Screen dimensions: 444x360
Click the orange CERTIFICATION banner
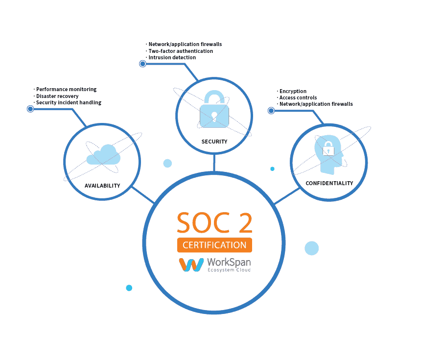[214, 245]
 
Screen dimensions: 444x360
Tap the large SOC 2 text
[214, 223]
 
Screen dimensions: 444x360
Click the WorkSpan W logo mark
[191, 265]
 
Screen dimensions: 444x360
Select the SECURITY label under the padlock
[214, 142]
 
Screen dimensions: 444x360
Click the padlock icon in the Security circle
[214, 110]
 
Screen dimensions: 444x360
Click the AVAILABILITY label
[102, 186]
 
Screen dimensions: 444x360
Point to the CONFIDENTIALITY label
[329, 183]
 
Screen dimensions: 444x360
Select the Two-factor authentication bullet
[181, 51]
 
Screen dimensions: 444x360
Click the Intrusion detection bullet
[172, 57]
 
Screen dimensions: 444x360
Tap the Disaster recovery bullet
[57, 96]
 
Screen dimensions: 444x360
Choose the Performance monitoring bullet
[66, 90]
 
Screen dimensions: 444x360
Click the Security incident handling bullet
[69, 102]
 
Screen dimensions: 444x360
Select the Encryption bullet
[293, 91]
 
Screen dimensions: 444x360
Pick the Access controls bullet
[298, 97]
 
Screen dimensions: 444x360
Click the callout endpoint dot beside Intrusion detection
[142, 64]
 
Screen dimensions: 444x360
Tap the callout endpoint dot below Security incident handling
[30, 109]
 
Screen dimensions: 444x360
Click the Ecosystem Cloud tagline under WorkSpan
[229, 270]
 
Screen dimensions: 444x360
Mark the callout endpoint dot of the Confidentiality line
[271, 111]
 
